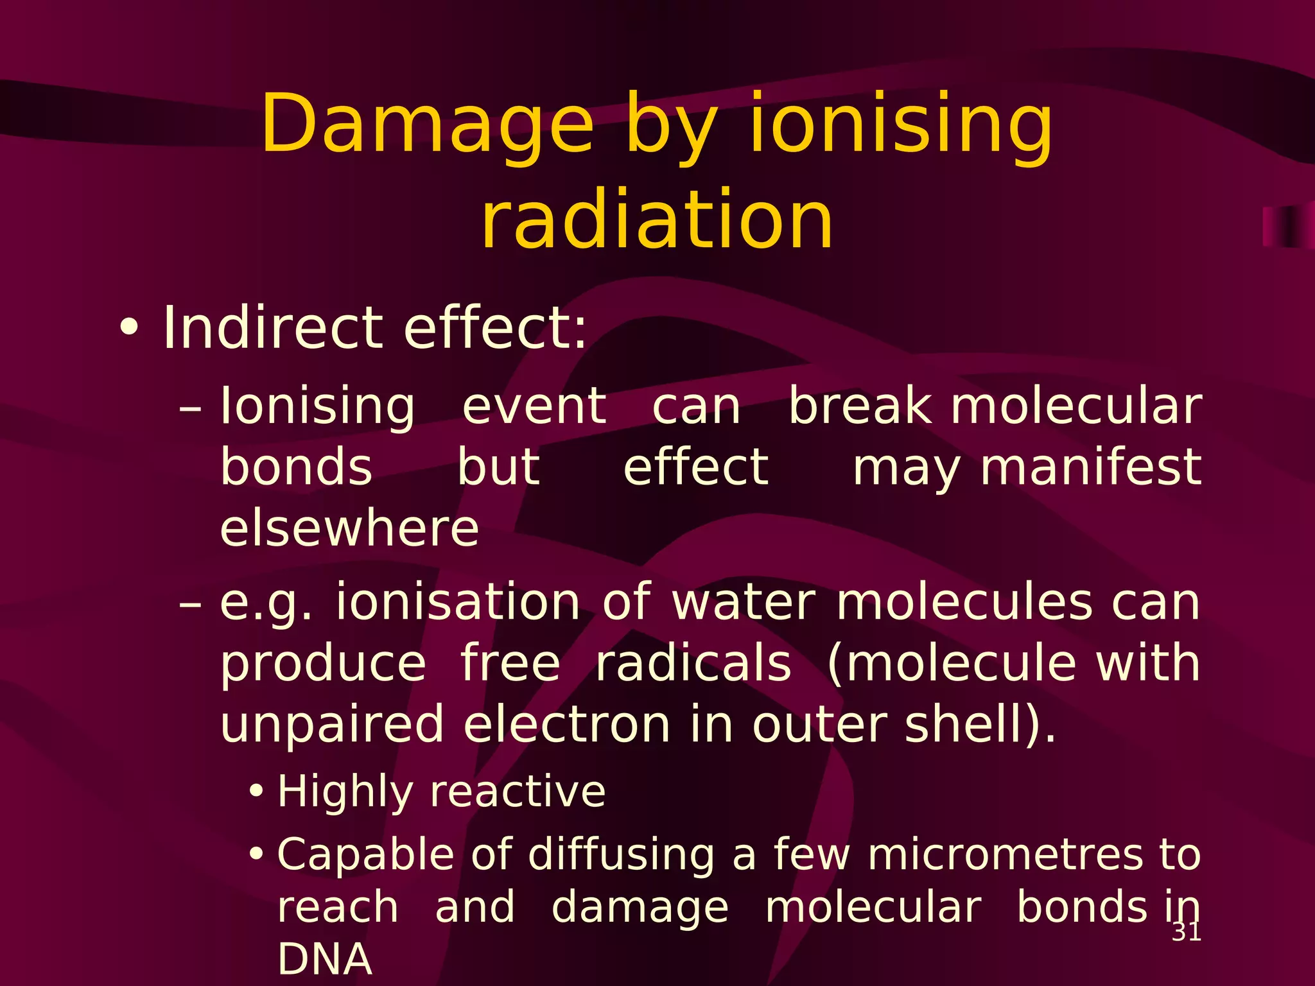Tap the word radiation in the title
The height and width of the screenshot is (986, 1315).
point(657,220)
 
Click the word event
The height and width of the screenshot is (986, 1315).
point(534,406)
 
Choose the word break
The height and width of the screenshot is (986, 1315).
point(860,406)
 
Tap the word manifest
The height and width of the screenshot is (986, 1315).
point(1090,467)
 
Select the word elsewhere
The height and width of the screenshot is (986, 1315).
point(349,528)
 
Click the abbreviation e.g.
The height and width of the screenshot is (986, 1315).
point(266,603)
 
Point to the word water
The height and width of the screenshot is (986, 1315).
point(744,602)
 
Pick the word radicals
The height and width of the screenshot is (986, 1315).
point(693,663)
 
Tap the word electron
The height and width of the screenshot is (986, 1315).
point(567,724)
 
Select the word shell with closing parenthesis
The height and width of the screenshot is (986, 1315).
point(979,724)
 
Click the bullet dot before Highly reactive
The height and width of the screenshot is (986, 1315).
point(256,791)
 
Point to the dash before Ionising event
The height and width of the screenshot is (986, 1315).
point(191,408)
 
